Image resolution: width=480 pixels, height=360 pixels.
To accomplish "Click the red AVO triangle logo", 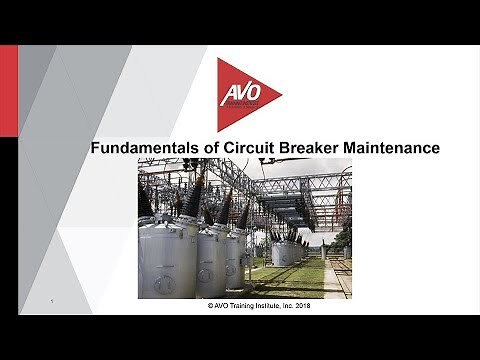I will click(x=245, y=95).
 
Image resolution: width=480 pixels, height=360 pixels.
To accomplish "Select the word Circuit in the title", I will click(x=249, y=147).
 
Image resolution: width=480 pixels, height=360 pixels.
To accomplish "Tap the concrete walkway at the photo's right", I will click(x=333, y=280).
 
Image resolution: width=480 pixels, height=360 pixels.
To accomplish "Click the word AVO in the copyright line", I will click(x=210, y=310).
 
